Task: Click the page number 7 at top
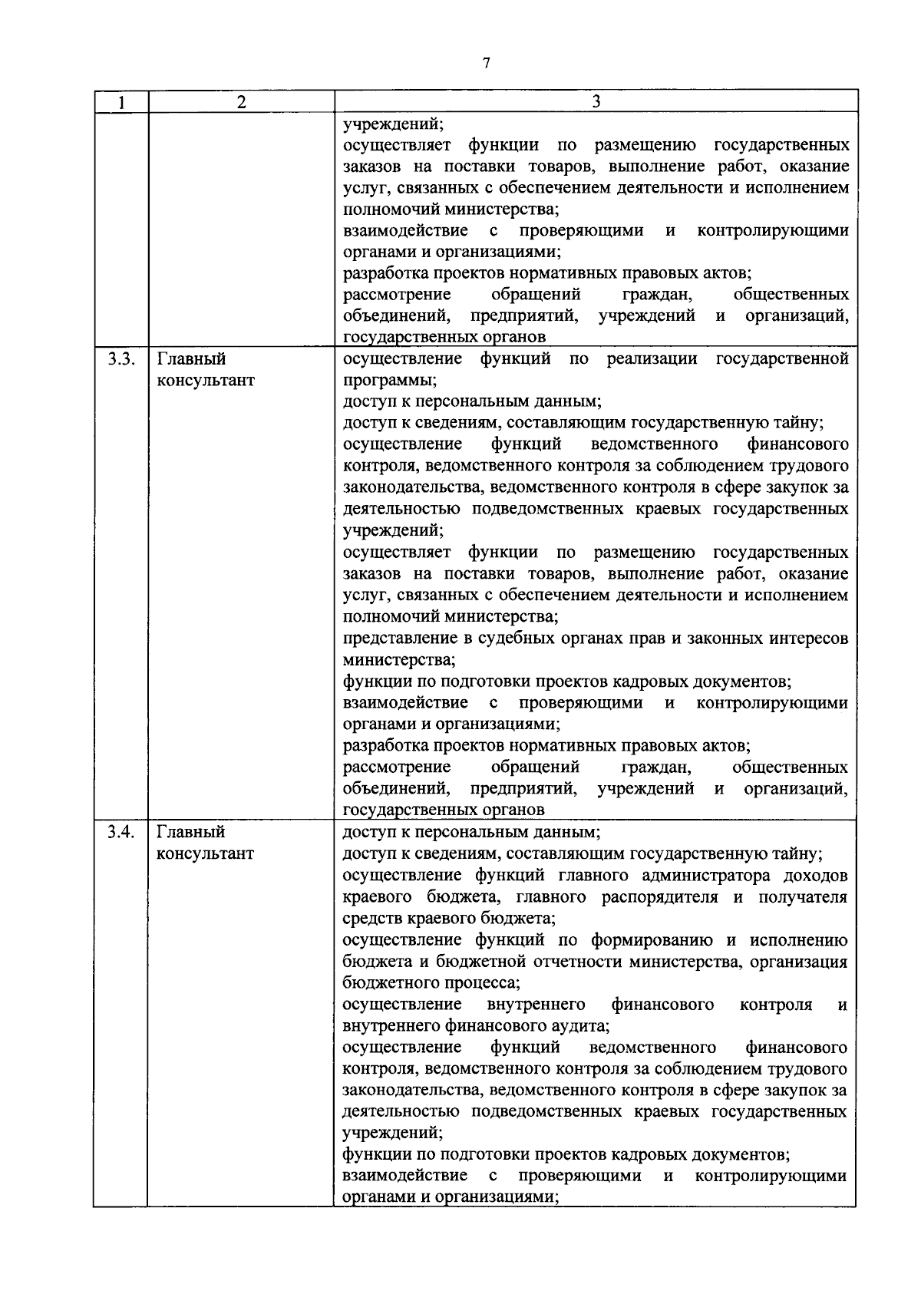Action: coord(486,64)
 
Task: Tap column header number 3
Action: coord(596,101)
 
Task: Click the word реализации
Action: coord(651,358)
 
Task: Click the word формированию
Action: coord(655,940)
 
